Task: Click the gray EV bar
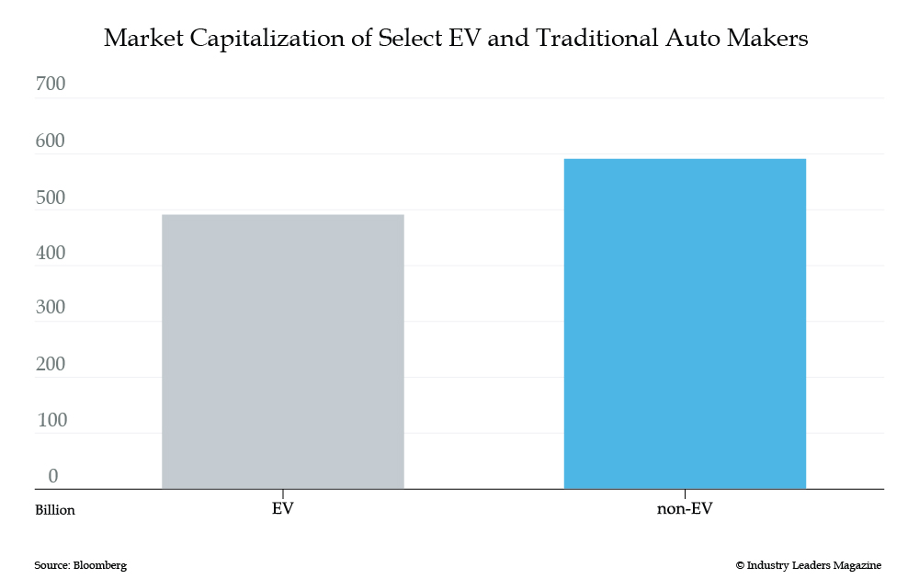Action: click(x=282, y=351)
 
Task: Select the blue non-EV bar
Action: click(x=685, y=324)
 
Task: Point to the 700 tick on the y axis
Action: click(x=51, y=85)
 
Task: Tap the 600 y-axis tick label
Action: click(x=51, y=142)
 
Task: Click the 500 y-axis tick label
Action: click(x=51, y=197)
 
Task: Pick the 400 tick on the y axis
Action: click(x=51, y=253)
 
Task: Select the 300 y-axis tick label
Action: click(x=51, y=308)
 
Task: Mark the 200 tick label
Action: click(x=51, y=364)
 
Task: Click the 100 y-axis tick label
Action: click(x=51, y=420)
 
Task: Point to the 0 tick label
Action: click(x=53, y=476)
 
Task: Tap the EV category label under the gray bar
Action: click(x=283, y=508)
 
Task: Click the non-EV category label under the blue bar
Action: click(x=685, y=508)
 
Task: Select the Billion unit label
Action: click(x=55, y=510)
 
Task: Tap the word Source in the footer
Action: click(x=51, y=565)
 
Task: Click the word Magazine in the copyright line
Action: click(x=855, y=565)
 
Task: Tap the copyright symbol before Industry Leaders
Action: click(x=740, y=565)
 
